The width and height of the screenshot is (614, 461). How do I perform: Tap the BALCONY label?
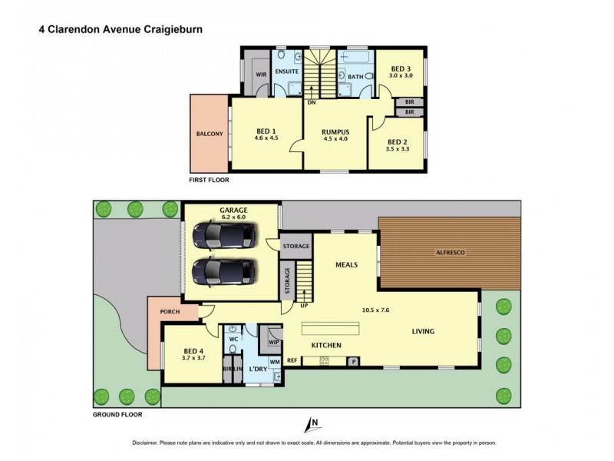(x=210, y=134)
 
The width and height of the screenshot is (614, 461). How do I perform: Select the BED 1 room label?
(x=266, y=131)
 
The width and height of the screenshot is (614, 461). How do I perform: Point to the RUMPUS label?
(x=335, y=131)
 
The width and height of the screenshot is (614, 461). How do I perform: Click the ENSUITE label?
(x=287, y=71)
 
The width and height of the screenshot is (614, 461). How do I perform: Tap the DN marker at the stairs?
(x=311, y=101)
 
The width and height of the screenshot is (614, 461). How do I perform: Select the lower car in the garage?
(x=223, y=270)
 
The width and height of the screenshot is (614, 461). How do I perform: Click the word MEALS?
(x=347, y=265)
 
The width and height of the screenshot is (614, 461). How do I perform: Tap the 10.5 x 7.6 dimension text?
(x=375, y=311)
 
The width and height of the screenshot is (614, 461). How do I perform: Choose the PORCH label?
(x=170, y=312)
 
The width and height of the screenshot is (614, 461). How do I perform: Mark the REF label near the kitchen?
(x=292, y=360)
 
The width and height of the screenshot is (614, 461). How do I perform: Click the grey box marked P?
(x=354, y=361)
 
